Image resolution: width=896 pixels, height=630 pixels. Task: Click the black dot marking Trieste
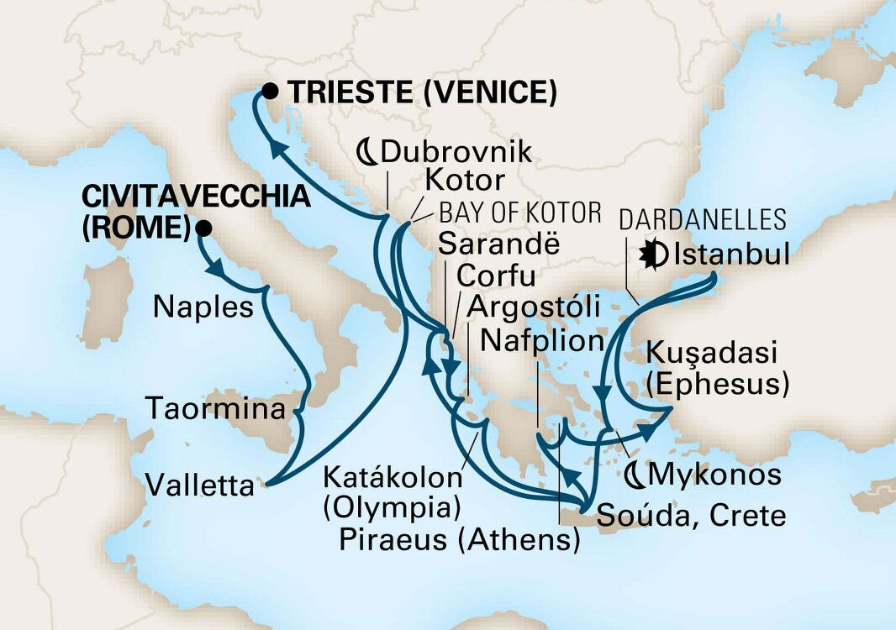click(x=270, y=92)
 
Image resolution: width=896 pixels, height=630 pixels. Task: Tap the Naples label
click(x=203, y=307)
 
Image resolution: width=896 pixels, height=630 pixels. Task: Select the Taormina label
click(x=216, y=409)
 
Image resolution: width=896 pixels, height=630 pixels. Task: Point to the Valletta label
click(x=199, y=484)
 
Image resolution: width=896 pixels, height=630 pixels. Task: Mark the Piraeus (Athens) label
click(x=459, y=539)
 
